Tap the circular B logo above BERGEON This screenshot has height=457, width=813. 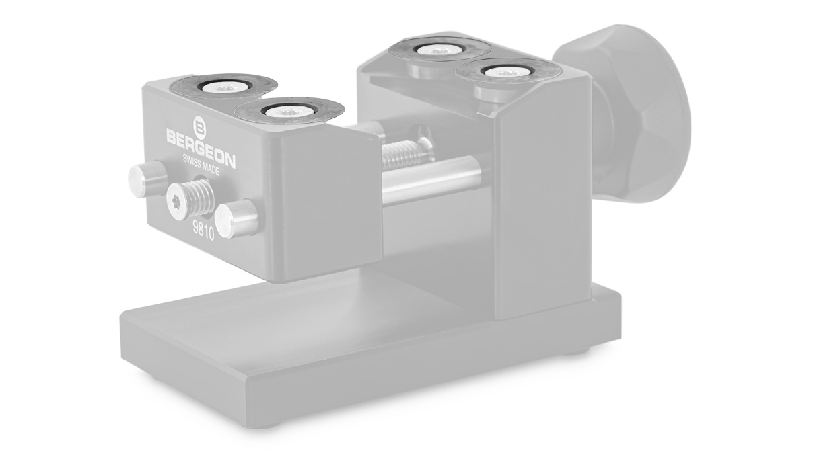click(x=199, y=124)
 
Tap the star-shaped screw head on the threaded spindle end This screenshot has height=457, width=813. click(x=176, y=200)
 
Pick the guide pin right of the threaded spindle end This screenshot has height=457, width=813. click(x=240, y=218)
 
